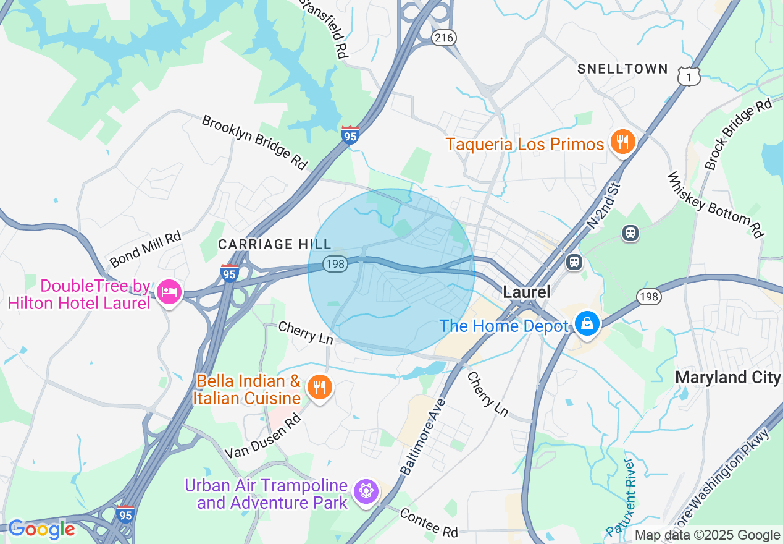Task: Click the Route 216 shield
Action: [443, 38]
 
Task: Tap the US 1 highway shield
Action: [689, 76]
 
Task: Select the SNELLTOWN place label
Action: [622, 69]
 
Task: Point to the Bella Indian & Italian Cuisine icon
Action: [319, 388]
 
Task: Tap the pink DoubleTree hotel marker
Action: [169, 291]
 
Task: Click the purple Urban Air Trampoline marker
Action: [366, 491]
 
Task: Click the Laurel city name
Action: [526, 292]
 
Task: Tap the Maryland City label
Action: [727, 377]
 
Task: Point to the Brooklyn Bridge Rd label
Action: [254, 142]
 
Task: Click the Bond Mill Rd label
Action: [145, 249]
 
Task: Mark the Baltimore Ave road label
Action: [423, 436]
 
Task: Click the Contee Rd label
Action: [429, 522]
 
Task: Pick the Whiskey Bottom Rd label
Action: [716, 205]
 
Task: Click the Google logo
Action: [41, 530]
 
